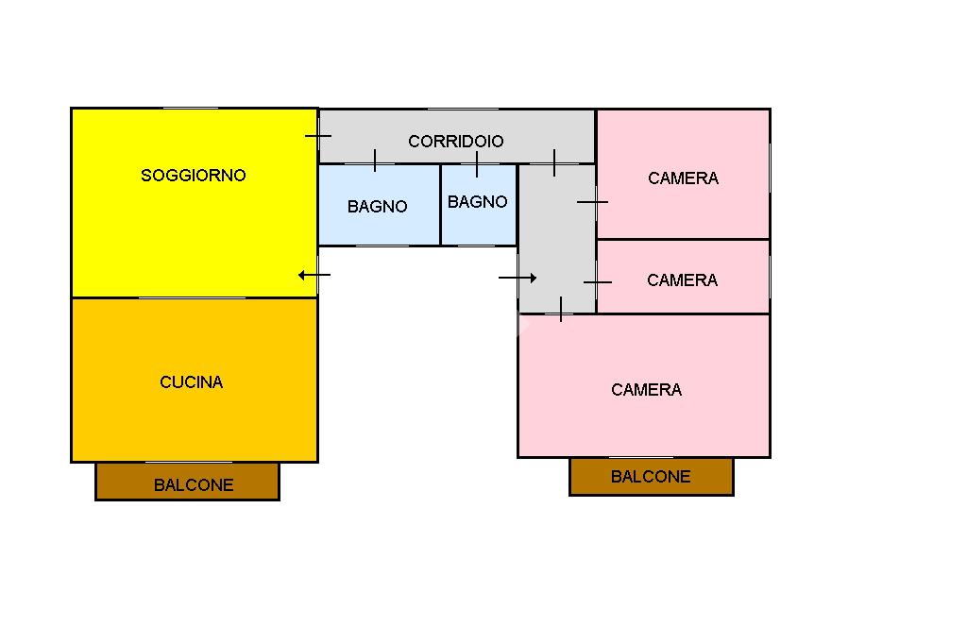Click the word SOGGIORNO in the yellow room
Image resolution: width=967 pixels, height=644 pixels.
(193, 176)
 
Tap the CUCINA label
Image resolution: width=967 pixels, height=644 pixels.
(191, 382)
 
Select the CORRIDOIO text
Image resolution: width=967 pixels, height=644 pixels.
(455, 142)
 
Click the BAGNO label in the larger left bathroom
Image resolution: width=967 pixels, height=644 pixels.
(377, 207)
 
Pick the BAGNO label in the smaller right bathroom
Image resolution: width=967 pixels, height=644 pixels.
(477, 202)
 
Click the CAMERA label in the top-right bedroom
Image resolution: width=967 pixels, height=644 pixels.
(683, 178)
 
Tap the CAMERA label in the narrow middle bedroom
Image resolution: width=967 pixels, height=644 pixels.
(682, 280)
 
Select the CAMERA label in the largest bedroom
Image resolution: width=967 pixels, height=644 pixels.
(646, 390)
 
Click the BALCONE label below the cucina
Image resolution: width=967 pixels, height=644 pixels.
(193, 485)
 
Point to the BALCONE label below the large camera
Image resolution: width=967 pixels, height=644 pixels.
(651, 477)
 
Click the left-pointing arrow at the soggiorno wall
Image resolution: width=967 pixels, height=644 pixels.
(314, 276)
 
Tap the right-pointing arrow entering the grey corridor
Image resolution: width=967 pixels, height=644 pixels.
(517, 278)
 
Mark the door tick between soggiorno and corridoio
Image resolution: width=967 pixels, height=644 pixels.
(318, 136)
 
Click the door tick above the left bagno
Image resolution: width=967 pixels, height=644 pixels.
(375, 161)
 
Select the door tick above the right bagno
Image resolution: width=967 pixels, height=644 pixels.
(477, 164)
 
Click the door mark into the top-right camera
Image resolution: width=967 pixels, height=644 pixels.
(592, 201)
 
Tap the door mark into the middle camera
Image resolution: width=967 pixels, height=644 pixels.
(597, 282)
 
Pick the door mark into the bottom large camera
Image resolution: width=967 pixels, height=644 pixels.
(561, 309)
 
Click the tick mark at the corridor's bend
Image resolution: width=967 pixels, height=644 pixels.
(554, 162)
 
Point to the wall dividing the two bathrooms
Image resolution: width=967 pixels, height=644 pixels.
(440, 205)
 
